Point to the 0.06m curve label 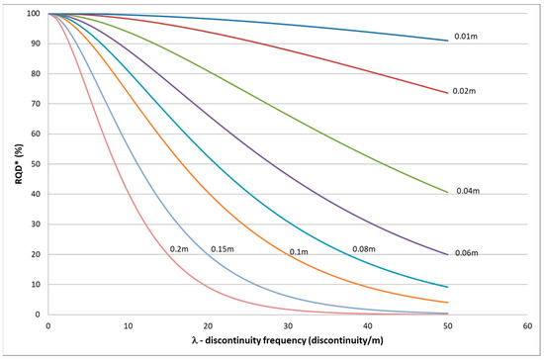tap(466, 254)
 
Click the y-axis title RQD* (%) tap(13, 164)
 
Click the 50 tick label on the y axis tap(35, 164)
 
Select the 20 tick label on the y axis tap(35, 254)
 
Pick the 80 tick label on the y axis tap(35, 74)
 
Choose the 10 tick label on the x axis tap(128, 325)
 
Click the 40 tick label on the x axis tap(368, 325)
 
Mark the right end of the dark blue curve tap(448, 41)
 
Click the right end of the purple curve tap(448, 254)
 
